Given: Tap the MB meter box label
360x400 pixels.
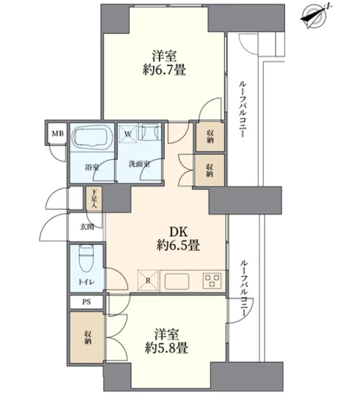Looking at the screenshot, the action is [57, 133].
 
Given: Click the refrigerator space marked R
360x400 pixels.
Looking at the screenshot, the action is [148, 281].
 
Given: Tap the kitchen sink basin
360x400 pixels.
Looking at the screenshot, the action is [177, 281].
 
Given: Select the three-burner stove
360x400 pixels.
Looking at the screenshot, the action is [212, 281].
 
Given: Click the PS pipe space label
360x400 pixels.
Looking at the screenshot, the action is [86, 302].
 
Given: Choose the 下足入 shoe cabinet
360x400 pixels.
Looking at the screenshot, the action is [94, 199].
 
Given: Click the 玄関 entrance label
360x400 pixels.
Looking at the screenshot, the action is [87, 227].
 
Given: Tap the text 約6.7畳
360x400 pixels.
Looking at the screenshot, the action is [164, 70].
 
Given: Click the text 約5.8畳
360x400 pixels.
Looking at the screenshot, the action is [167, 348].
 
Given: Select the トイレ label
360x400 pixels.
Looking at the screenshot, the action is [86, 282].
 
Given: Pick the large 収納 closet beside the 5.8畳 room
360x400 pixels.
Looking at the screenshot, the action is [87, 337].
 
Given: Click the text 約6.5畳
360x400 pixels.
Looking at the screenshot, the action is [178, 246].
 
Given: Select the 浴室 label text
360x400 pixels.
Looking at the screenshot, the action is [92, 168].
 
